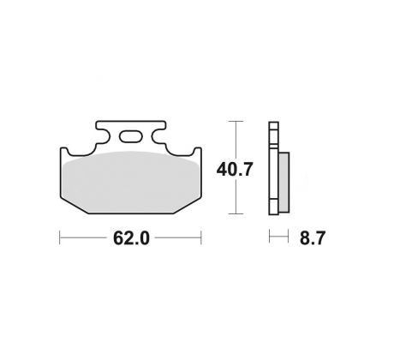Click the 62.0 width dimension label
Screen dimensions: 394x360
(131, 238)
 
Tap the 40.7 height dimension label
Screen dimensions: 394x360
(235, 170)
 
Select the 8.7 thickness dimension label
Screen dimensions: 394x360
(313, 238)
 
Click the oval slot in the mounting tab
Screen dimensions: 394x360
(130, 136)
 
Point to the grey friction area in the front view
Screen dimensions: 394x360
(131, 182)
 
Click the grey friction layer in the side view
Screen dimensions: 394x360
(284, 183)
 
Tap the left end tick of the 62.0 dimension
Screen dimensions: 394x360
(60, 237)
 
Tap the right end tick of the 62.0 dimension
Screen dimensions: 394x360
(201, 237)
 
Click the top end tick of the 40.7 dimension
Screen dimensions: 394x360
(236, 121)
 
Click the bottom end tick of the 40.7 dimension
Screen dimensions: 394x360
(236, 213)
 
